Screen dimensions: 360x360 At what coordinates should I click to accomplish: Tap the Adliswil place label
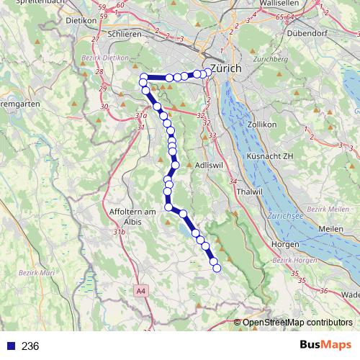210,165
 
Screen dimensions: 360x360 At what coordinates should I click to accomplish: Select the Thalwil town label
248,192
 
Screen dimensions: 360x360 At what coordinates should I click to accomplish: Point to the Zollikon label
261,125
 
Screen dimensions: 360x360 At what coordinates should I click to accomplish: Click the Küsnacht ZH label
269,156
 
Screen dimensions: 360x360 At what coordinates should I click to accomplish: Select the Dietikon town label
81,20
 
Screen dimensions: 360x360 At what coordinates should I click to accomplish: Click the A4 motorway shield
140,291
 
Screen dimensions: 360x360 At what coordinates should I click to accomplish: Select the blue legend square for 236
11,346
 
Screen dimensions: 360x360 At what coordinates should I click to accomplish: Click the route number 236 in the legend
30,346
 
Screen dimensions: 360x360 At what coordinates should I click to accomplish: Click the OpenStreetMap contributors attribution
297,324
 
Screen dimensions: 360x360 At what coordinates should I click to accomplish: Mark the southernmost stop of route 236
216,269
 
